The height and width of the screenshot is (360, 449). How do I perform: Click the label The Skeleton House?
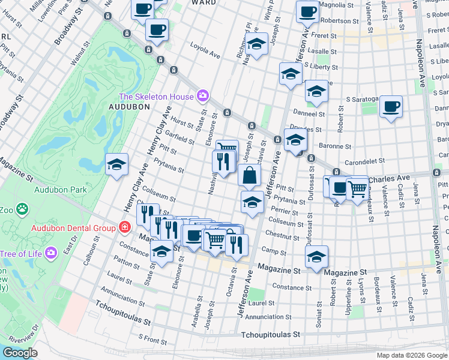(x=157, y=97)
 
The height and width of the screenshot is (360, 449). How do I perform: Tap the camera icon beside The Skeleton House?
(x=203, y=96)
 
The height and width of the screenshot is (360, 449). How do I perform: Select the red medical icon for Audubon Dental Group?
(x=124, y=227)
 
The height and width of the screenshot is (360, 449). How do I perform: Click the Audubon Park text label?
(x=60, y=190)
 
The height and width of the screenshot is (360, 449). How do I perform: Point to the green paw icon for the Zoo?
(x=23, y=210)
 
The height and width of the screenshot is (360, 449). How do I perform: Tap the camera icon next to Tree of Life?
(x=51, y=253)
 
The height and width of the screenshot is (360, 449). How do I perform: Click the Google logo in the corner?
(x=20, y=353)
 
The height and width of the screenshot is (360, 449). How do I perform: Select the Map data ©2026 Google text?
(x=411, y=355)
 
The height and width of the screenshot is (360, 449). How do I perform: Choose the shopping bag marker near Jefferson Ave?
(x=249, y=176)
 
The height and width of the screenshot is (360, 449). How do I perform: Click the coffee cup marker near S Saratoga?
(x=391, y=107)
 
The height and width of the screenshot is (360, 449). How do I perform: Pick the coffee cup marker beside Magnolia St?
(x=307, y=11)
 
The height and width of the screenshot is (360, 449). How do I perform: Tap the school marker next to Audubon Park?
(x=116, y=164)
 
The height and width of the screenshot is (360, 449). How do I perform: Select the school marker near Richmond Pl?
(x=256, y=44)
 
